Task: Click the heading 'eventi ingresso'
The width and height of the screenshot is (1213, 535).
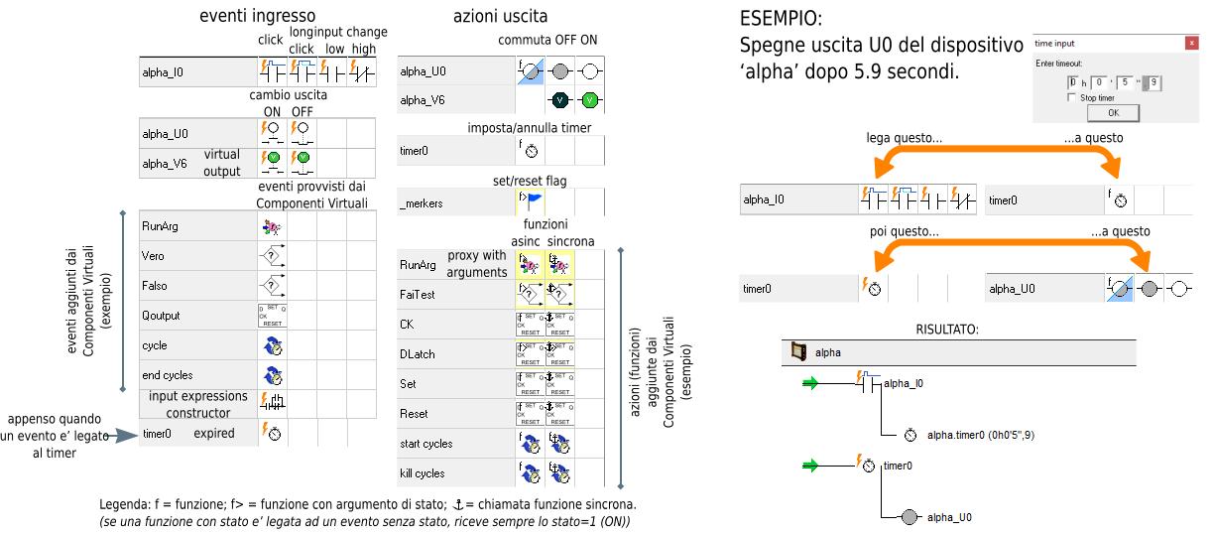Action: [x=257, y=16]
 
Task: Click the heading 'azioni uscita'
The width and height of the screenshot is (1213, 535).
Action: [x=500, y=16]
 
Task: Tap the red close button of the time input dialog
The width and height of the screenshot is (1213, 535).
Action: [x=1191, y=44]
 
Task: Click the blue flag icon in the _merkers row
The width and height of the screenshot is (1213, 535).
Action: [x=530, y=201]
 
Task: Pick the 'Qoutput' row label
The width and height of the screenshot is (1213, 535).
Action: [x=161, y=316]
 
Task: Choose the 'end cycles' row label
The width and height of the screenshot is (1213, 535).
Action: [x=167, y=375]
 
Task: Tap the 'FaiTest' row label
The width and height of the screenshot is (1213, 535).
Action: [x=417, y=295]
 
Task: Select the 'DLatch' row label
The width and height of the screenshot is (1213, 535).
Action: [x=417, y=354]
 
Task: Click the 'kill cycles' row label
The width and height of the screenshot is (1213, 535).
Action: [x=423, y=473]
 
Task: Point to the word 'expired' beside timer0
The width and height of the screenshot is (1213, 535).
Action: [x=213, y=434]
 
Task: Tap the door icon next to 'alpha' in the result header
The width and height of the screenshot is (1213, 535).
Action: [x=797, y=351]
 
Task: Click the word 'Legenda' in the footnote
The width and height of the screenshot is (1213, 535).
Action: [x=123, y=504]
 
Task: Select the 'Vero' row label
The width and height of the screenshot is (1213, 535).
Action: [x=153, y=256]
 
